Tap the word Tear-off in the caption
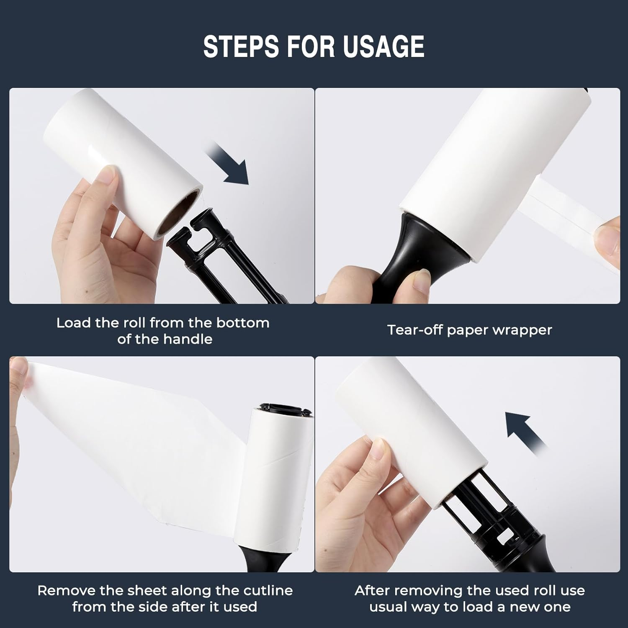[x=415, y=330]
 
